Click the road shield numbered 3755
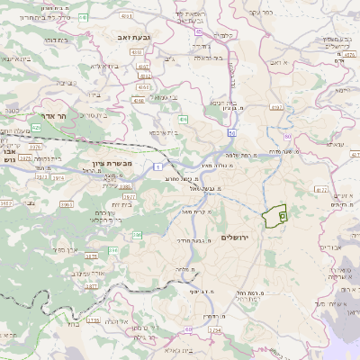pos(93,319)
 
